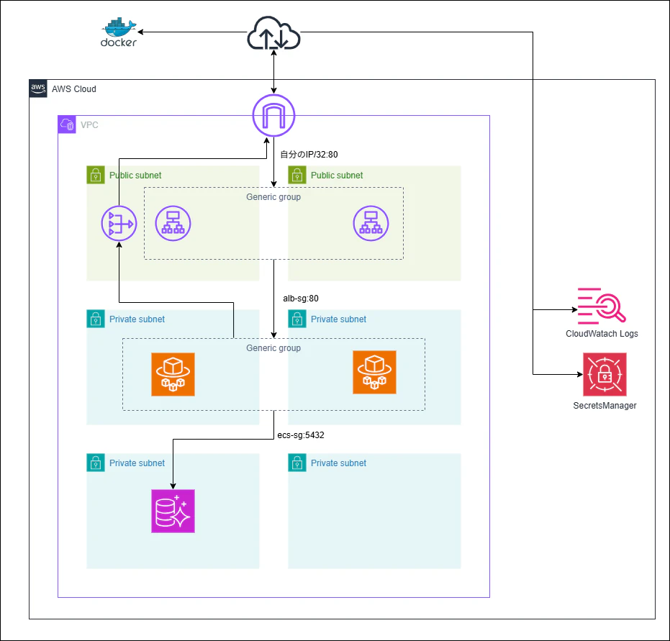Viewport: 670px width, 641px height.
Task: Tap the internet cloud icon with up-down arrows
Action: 273,34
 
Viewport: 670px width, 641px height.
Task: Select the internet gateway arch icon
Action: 273,116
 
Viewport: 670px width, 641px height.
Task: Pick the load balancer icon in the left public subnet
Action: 173,224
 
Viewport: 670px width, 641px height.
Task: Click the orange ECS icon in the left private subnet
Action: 173,373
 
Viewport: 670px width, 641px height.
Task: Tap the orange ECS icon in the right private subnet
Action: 374,373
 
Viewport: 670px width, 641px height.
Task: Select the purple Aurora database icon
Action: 173,511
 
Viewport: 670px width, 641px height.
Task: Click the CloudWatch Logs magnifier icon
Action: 602,304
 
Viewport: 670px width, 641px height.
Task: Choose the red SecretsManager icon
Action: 605,374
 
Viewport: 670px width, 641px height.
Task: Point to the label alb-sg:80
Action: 301,297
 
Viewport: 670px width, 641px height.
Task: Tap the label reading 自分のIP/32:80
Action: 309,154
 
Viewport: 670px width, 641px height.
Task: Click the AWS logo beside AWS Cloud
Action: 37,88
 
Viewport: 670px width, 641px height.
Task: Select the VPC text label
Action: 89,125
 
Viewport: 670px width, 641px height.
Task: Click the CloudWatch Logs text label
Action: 602,334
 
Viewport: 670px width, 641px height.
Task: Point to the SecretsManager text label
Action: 605,406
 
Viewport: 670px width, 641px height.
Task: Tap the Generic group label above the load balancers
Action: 273,197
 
